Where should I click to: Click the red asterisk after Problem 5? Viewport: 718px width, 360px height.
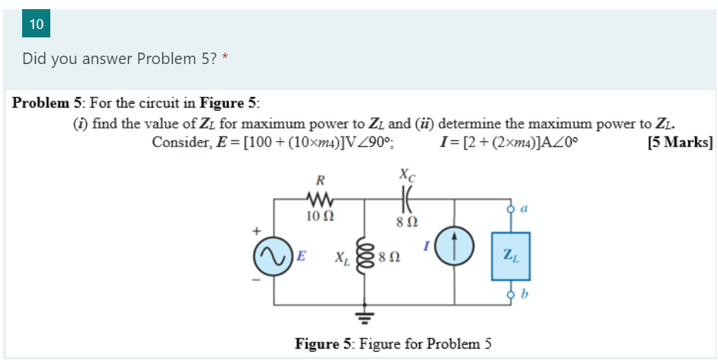(226, 59)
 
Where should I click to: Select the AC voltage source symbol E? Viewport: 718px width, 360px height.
(273, 256)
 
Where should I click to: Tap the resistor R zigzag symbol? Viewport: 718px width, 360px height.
(320, 200)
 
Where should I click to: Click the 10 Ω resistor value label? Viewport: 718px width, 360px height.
(319, 217)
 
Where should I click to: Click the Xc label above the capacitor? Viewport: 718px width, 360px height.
(407, 175)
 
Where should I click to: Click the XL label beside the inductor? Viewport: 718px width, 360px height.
(342, 257)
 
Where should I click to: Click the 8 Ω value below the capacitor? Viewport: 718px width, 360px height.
(407, 221)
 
